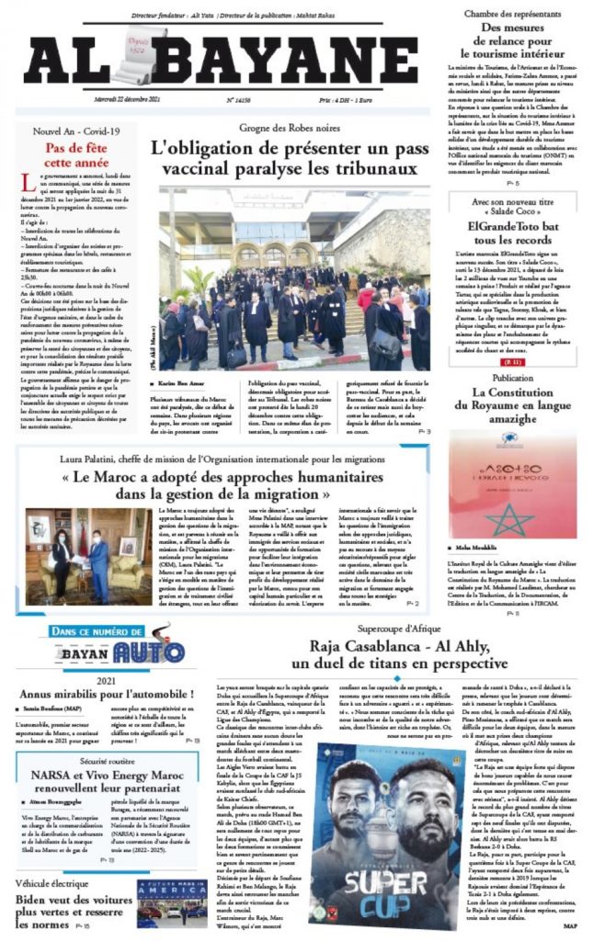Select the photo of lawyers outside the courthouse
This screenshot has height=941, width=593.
tap(293, 278)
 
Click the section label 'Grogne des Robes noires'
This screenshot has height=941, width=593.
tap(289, 129)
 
